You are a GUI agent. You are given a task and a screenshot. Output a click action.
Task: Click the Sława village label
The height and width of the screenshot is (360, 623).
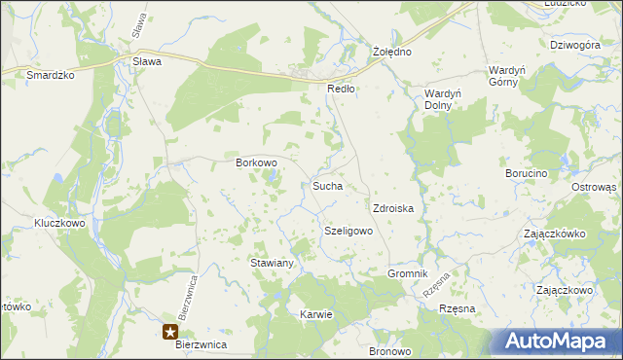[x=146, y=60]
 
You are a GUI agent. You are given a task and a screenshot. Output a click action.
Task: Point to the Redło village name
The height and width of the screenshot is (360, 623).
[x=341, y=88]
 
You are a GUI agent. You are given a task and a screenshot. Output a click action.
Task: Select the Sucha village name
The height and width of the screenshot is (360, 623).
[x=326, y=185]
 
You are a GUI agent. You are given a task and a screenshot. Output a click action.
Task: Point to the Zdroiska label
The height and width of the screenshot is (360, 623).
[x=394, y=208]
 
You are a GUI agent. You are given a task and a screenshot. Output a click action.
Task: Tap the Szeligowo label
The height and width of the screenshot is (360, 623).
[x=348, y=231]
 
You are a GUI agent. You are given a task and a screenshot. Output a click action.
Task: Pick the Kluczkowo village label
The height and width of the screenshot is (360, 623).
[x=60, y=223]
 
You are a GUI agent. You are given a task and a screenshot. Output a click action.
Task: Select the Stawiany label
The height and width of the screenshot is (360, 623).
[x=273, y=263]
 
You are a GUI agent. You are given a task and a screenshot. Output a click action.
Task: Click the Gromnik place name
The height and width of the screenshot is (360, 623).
[x=408, y=273]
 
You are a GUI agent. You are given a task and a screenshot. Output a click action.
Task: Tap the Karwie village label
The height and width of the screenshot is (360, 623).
[x=317, y=314]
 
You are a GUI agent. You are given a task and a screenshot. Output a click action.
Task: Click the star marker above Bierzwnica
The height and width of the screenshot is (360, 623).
[x=178, y=331]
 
